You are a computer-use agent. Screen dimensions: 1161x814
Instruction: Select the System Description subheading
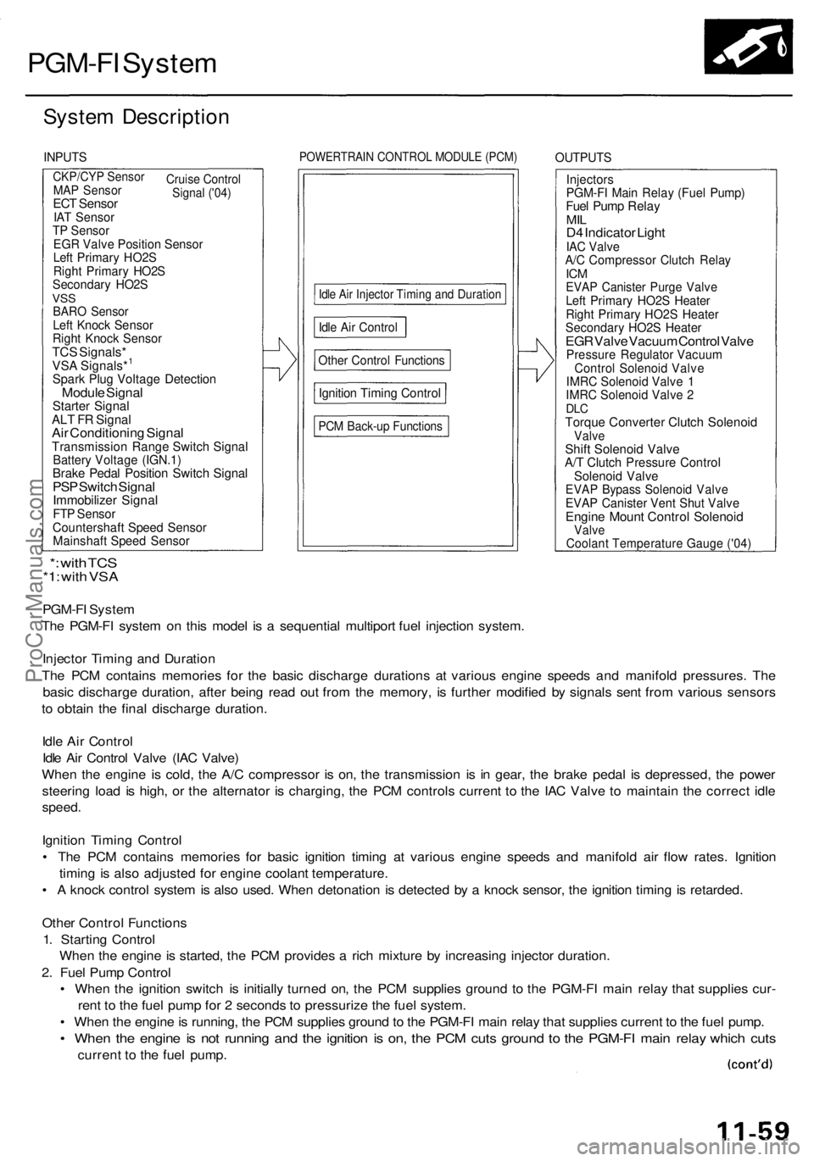(136, 116)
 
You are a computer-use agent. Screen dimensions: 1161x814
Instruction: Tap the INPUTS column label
(65, 157)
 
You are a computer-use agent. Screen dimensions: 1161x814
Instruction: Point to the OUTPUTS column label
(583, 158)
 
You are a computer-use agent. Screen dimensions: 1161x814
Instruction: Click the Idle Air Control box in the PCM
(359, 327)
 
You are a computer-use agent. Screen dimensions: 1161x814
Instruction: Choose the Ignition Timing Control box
(379, 393)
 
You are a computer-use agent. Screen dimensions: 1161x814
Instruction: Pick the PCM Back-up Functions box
(380, 426)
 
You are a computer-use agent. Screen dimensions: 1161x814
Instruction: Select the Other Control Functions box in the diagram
(381, 360)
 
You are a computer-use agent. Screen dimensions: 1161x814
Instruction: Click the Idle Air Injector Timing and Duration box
(410, 295)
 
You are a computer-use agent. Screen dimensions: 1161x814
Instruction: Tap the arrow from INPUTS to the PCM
(279, 359)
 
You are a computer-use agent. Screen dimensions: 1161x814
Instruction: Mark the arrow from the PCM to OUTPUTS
(536, 359)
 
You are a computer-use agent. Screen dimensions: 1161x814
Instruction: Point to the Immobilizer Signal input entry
(105, 501)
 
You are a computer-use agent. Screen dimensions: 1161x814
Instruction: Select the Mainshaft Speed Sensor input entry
(121, 541)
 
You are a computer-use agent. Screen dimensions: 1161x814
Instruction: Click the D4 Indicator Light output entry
(615, 232)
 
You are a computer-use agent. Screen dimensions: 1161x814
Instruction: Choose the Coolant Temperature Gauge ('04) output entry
(658, 544)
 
